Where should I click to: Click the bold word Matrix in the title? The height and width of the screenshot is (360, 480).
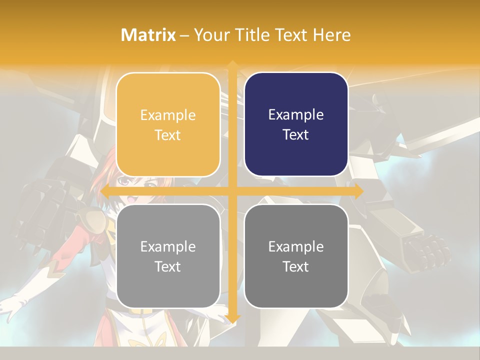pyautogui.click(x=148, y=35)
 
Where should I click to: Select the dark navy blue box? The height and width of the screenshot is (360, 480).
pyautogui.click(x=296, y=124)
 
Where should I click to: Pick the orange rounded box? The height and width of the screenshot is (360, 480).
pyautogui.click(x=168, y=124)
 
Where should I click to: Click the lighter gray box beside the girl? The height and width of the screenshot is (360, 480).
pyautogui.click(x=168, y=256)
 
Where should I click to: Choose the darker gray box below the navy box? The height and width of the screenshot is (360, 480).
pyautogui.click(x=296, y=256)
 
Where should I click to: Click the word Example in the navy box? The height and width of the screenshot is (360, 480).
pyautogui.click(x=296, y=115)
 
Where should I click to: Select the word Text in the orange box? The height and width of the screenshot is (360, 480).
pyautogui.click(x=168, y=135)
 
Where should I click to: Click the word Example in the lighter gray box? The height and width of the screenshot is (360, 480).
pyautogui.click(x=168, y=246)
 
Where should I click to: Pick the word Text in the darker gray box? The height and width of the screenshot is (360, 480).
pyautogui.click(x=296, y=267)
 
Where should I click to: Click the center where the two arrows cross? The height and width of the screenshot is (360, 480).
pyautogui.click(x=232, y=191)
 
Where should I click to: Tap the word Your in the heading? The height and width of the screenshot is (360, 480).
pyautogui.click(x=210, y=35)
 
